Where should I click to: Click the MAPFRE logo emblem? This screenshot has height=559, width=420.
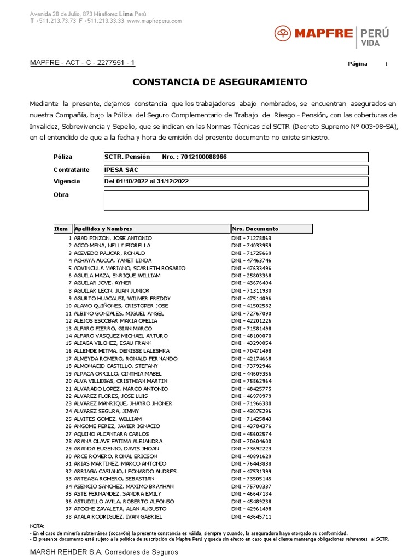click(283, 34)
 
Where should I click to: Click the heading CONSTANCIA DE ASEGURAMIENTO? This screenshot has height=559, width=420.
click(220, 82)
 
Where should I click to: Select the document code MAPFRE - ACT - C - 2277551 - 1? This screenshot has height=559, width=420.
click(83, 63)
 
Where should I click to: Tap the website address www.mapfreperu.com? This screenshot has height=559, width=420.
click(154, 21)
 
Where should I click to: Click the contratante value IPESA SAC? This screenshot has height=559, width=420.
click(121, 170)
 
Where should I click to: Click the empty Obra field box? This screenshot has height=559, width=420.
click(236, 200)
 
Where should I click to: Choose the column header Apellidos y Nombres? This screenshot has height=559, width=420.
click(103, 229)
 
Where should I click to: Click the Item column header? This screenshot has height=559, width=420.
click(61, 229)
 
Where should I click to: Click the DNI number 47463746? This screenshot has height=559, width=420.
click(252, 261)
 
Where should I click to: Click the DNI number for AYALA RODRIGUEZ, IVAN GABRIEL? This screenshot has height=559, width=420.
click(252, 516)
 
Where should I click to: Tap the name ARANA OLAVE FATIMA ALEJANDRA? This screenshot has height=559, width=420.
click(118, 441)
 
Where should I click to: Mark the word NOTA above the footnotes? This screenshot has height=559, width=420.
click(37, 526)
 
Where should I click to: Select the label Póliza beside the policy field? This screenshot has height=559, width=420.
click(63, 157)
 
